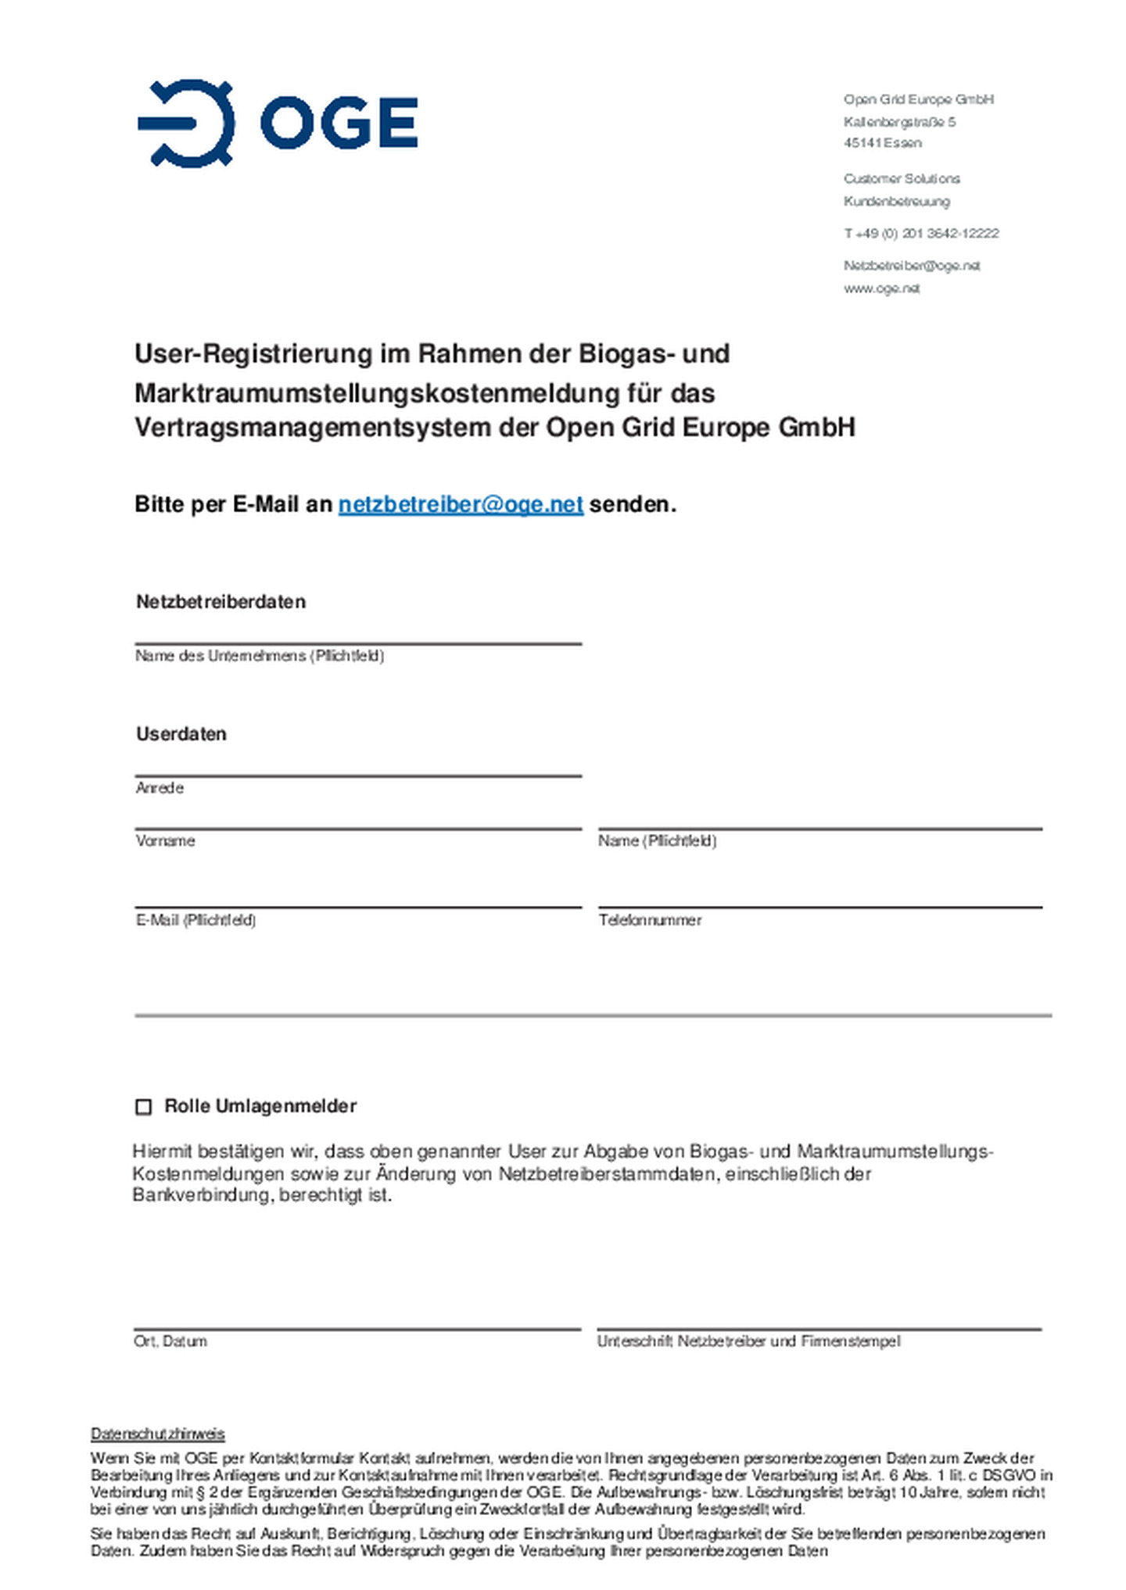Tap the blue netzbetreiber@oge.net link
pyautogui.click(x=461, y=505)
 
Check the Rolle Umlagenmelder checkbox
pyautogui.click(x=144, y=1107)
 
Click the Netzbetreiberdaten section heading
pyautogui.click(x=221, y=602)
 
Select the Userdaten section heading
pyautogui.click(x=181, y=734)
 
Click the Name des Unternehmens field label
pyautogui.click(x=260, y=656)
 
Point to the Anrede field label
pyautogui.click(x=160, y=788)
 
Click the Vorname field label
pyautogui.click(x=165, y=841)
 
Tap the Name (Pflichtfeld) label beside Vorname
pyautogui.click(x=657, y=841)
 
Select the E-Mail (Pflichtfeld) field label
pyautogui.click(x=195, y=920)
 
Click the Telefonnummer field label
pyautogui.click(x=650, y=920)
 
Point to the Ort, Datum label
pyautogui.click(x=170, y=1341)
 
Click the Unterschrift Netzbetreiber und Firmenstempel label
pyautogui.click(x=748, y=1341)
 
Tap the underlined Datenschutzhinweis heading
pyautogui.click(x=158, y=1434)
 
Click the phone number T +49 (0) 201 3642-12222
pyautogui.click(x=921, y=234)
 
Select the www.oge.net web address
pyautogui.click(x=881, y=288)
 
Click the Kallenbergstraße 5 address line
pyautogui.click(x=899, y=122)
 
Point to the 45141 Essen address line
pyautogui.click(x=882, y=143)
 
